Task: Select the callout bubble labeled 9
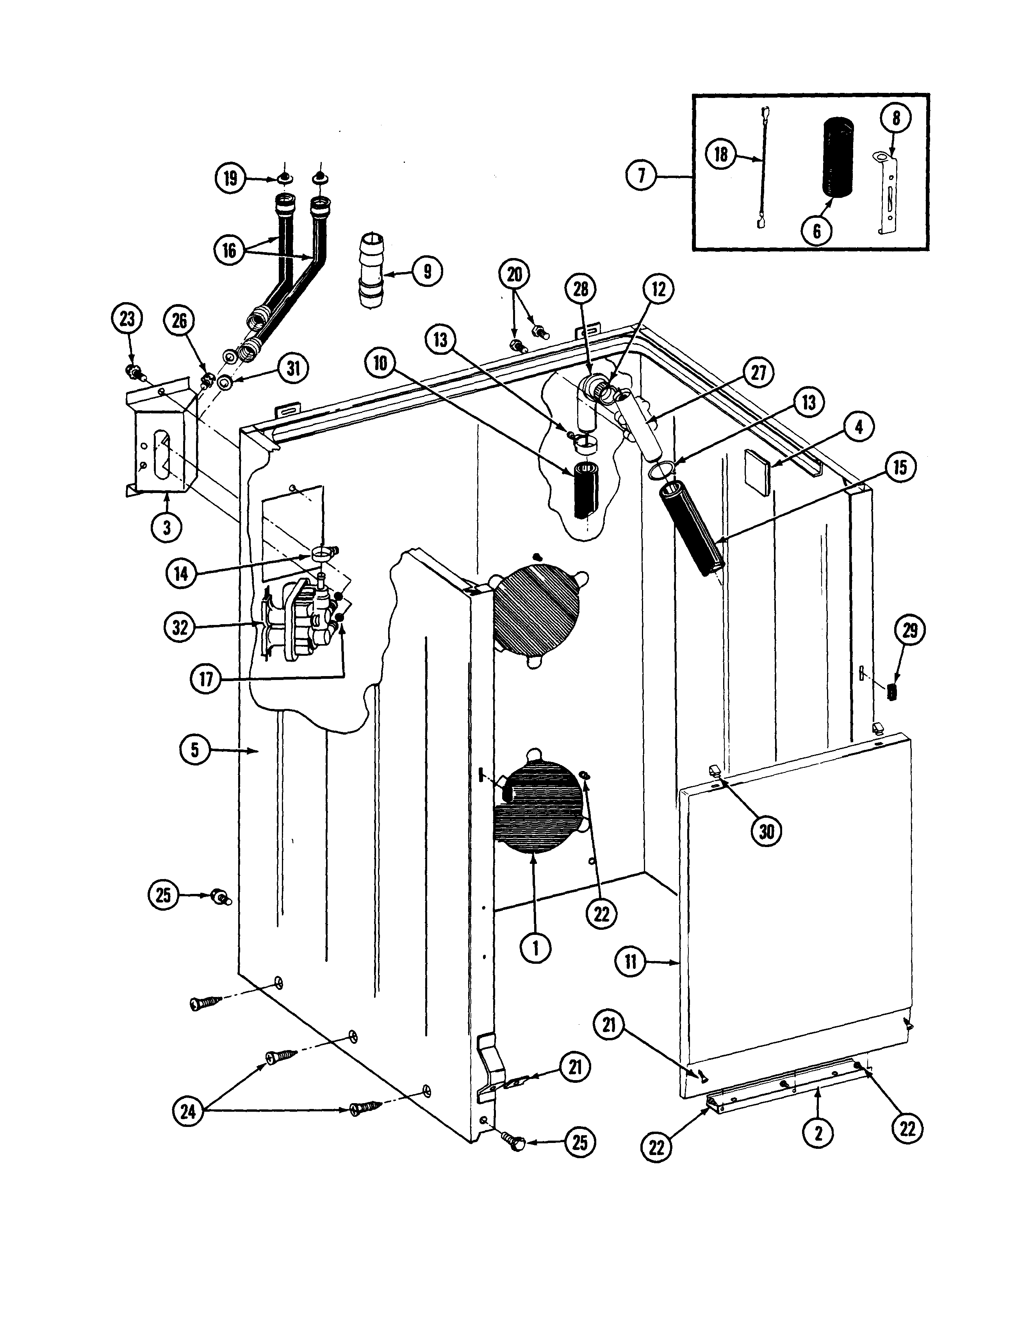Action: [427, 271]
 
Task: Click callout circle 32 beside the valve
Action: [180, 628]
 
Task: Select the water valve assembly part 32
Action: [296, 619]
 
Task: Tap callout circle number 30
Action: [766, 831]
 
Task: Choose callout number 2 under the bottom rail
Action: [818, 1133]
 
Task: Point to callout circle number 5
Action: [194, 750]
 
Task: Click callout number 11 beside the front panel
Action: [631, 961]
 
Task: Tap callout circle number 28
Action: [581, 289]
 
